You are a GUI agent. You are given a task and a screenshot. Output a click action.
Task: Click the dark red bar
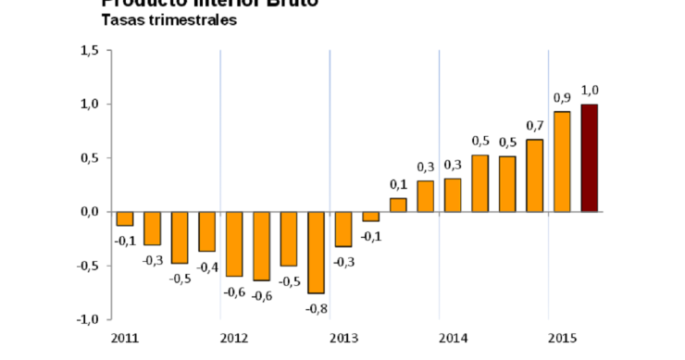pos(589,158)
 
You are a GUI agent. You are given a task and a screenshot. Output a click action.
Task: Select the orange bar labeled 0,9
pos(562,162)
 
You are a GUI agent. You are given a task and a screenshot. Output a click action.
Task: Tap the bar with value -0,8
pos(316,253)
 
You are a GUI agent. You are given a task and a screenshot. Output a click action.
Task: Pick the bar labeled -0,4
pos(206,231)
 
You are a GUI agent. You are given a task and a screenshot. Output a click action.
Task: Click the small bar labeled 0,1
pos(398,205)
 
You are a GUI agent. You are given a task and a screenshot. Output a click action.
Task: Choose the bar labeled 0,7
pos(534,176)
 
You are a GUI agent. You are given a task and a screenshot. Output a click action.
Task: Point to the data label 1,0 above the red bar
pos(590,90)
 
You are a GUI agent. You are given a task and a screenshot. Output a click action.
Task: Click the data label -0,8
pos(317,308)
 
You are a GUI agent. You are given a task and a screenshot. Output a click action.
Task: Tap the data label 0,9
pos(562,97)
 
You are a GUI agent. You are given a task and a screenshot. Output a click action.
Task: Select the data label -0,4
pos(206,268)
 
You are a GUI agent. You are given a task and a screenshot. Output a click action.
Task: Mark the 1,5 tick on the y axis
pos(89,51)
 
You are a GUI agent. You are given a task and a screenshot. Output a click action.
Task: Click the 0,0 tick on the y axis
pos(89,212)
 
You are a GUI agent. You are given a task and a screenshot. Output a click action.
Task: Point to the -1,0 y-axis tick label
pos(87,319)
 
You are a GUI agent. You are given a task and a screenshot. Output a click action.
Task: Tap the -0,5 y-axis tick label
pos(87,266)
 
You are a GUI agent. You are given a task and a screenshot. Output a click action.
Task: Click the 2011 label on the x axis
pos(124,338)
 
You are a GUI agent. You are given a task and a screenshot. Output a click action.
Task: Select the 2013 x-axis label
pos(343,338)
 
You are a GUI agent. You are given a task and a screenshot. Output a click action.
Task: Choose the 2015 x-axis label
pos(562,338)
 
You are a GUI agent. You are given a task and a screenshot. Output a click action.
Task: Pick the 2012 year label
pos(233,338)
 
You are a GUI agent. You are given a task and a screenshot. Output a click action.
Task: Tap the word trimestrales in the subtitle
pos(187,20)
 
